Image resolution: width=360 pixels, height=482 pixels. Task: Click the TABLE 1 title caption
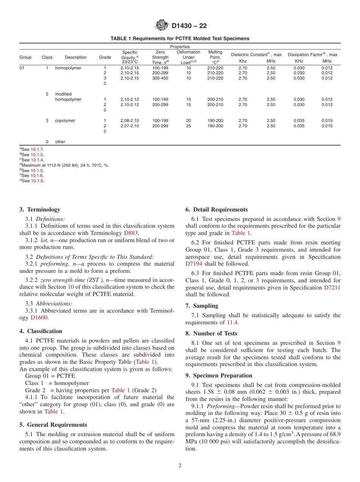point(180,39)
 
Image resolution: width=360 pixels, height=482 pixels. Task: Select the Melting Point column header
point(215,57)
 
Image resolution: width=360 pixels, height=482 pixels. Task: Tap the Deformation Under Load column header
point(188,57)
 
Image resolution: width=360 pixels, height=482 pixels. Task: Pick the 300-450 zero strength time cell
point(160,78)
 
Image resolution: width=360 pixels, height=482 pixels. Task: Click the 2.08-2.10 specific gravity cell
point(130,121)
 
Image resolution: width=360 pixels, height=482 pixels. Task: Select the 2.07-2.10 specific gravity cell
point(130,126)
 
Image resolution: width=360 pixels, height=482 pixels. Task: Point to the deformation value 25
point(188,126)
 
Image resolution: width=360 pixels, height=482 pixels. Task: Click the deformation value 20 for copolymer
point(188,121)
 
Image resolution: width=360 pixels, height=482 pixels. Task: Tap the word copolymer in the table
point(65,121)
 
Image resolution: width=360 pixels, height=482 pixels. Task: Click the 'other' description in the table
point(60,142)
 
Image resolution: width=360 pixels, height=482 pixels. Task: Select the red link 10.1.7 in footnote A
point(37,149)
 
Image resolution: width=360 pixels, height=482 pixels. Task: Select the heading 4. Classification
point(41,331)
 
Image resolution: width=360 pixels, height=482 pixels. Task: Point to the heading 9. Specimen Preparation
point(219,376)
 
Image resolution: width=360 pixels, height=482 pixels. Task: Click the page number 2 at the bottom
point(180,466)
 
